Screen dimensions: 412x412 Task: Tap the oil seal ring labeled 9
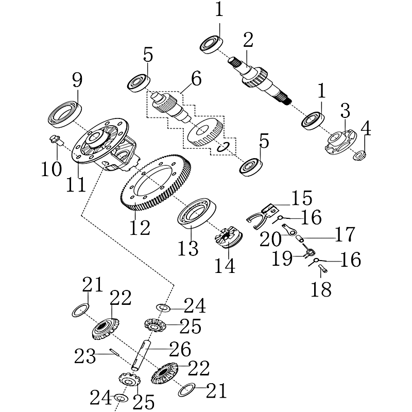pyautogui.click(x=65, y=114)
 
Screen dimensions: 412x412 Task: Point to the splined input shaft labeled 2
pyautogui.click(x=260, y=81)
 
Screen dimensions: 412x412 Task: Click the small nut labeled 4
pyautogui.click(x=359, y=156)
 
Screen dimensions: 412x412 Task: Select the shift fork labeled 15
pyautogui.click(x=262, y=216)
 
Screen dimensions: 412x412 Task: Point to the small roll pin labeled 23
pyautogui.click(x=114, y=352)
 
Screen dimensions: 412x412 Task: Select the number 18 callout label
pyautogui.click(x=321, y=289)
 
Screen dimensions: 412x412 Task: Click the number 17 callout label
pyautogui.click(x=345, y=234)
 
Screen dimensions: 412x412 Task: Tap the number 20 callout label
pyautogui.click(x=270, y=239)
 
